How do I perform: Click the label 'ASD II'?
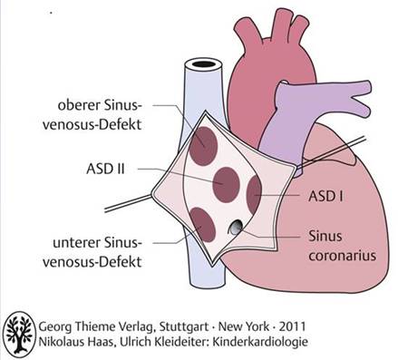[105, 169]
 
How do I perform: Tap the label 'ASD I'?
[325, 197]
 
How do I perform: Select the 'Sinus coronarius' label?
[342, 246]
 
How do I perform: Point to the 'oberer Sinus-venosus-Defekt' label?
[92, 115]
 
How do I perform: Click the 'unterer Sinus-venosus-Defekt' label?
[92, 252]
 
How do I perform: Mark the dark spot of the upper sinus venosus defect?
[203, 146]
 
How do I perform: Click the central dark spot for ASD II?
[226, 184]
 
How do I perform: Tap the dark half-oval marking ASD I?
[255, 194]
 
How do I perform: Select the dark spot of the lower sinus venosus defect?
[202, 224]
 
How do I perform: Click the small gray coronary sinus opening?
[235, 228]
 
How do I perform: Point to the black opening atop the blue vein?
[203, 63]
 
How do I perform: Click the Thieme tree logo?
[19, 335]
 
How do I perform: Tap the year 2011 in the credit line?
[292, 326]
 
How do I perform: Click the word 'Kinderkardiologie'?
[260, 342]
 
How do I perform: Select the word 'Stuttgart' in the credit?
[184, 327]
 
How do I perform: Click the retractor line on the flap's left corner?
[128, 203]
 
